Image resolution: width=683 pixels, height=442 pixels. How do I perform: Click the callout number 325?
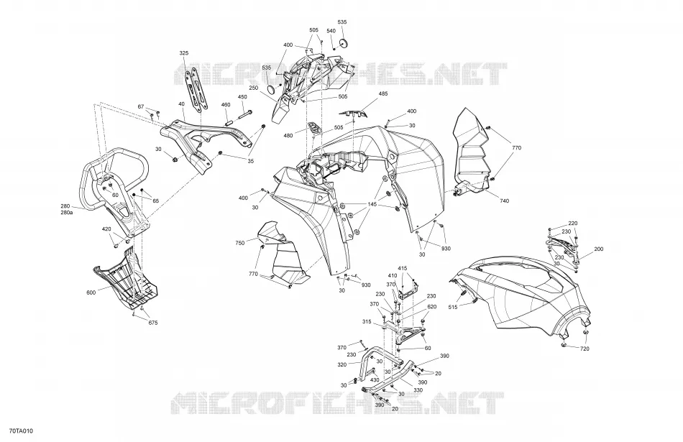pos(184,53)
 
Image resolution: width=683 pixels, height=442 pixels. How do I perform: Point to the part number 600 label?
pos(91,293)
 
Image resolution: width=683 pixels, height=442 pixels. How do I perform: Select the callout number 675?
pos(153,323)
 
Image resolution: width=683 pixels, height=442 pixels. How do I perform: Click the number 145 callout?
pos(372,204)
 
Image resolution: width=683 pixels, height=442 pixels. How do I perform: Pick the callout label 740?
pos(505,201)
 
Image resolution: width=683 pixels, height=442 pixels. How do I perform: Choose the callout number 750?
pos(240,242)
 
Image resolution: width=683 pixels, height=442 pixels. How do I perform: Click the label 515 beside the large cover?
pos(452,307)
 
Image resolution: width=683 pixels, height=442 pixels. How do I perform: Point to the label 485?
pos(383,93)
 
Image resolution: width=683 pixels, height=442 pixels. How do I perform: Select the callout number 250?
pos(254,88)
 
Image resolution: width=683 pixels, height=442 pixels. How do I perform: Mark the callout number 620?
pos(431,307)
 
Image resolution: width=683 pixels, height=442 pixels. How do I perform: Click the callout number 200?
pos(599,249)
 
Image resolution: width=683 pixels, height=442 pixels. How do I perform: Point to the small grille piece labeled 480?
pos(314,128)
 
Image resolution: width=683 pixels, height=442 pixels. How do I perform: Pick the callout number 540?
pos(331,31)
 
